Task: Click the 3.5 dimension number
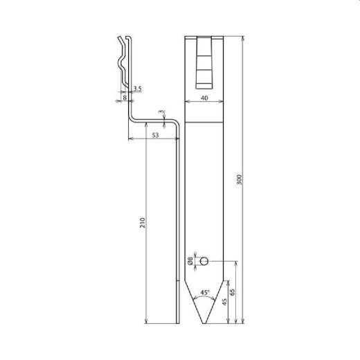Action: [x=137, y=89]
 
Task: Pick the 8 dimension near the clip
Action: [x=124, y=98]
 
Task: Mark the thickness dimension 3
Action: [x=161, y=111]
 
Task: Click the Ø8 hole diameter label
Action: [x=192, y=262]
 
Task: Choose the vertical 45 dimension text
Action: [x=223, y=300]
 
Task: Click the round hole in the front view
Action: [x=204, y=261]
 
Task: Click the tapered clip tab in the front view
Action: [x=204, y=62]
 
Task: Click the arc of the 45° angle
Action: [x=205, y=296]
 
